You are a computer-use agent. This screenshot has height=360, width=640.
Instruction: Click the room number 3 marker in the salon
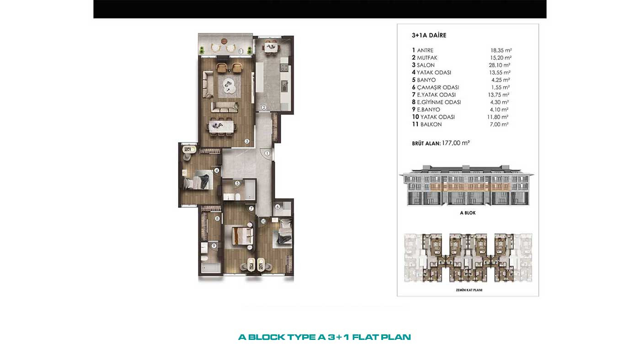pos(247,141)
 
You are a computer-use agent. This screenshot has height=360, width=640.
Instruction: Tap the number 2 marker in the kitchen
pos(264,107)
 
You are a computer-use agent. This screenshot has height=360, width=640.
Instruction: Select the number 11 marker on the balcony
pos(241,51)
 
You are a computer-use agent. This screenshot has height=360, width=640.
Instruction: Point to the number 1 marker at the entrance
pos(267,154)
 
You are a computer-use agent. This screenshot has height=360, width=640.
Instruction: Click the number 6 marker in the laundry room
pos(277,206)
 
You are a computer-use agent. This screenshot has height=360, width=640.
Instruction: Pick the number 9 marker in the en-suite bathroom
pos(214,246)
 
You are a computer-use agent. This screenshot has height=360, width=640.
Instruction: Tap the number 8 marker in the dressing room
pos(218,219)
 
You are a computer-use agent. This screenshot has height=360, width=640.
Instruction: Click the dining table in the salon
pos(222,126)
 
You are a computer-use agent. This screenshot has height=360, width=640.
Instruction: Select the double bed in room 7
pos(243,236)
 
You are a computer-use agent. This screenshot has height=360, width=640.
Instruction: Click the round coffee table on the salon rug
pos(229,85)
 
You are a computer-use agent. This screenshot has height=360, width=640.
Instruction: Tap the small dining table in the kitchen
pos(271,47)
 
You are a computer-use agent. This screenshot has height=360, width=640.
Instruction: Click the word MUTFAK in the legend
pos(427,58)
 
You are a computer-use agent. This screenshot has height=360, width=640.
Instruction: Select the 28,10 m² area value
pos(499,65)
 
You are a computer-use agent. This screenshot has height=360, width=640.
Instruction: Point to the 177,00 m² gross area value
pos(456,143)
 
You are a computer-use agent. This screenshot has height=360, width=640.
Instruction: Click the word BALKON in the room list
pos(431,124)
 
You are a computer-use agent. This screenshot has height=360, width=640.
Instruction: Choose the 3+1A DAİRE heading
pos(429,35)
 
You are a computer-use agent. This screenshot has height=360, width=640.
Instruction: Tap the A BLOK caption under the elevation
pos(468,213)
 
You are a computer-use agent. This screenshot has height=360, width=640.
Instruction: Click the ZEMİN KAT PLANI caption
pos(469,290)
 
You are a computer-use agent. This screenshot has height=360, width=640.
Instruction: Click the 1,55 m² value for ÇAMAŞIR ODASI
pos(500,87)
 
